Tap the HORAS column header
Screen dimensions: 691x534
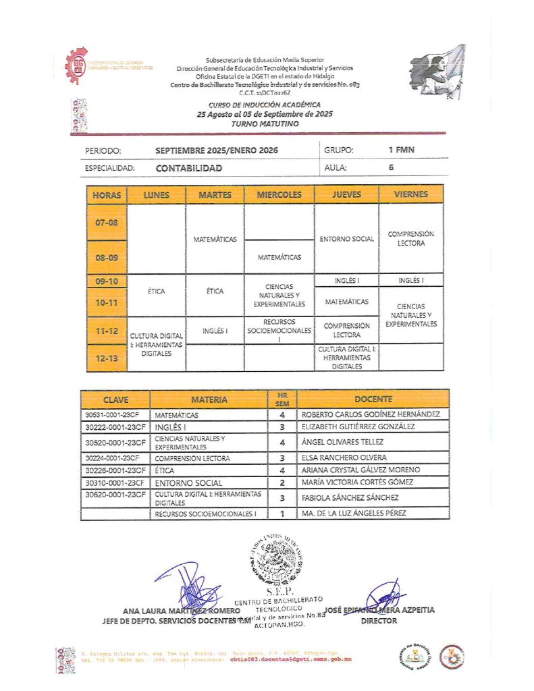coord(107,195)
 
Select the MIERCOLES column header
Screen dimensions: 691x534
coord(279,195)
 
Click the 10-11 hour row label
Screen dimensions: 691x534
coord(107,304)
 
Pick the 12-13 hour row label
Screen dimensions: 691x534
coord(107,359)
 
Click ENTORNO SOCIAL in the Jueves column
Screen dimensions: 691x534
coord(346,239)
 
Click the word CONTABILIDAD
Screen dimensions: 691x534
coord(188,168)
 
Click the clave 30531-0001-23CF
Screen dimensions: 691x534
coord(115,414)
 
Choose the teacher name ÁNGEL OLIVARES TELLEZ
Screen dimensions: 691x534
coord(342,442)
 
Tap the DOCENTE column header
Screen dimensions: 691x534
coord(373,399)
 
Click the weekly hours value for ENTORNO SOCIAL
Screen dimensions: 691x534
coord(282,482)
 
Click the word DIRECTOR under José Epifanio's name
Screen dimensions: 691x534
coord(379,621)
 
